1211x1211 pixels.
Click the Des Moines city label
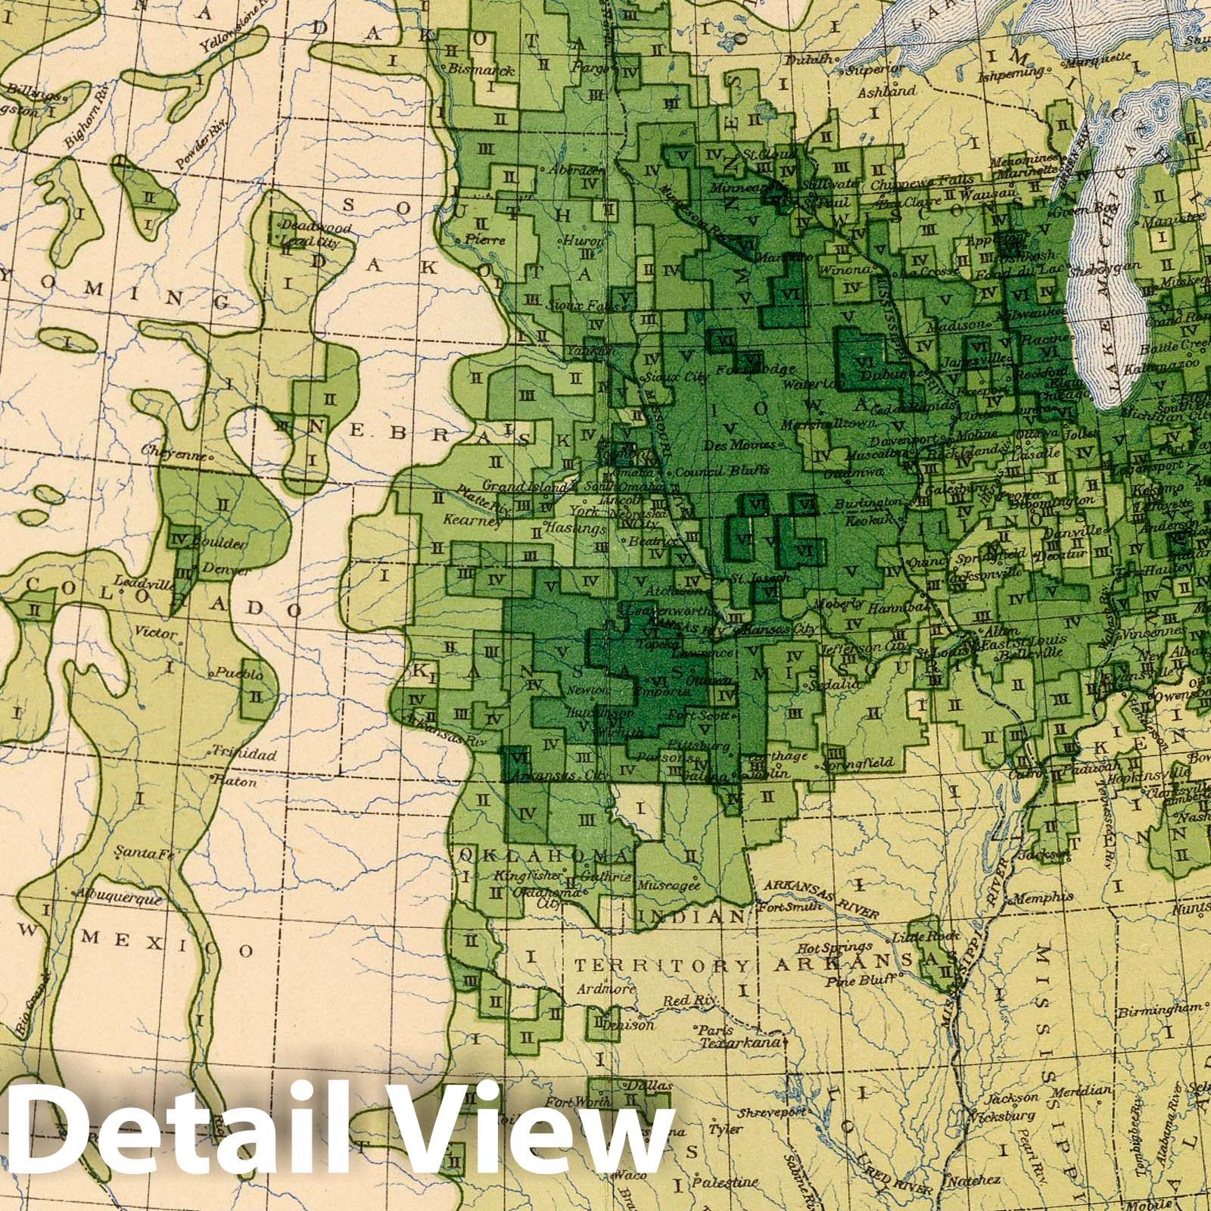click(x=729, y=445)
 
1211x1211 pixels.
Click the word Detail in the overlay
click(x=170, y=1138)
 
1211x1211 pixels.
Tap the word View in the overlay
click(x=522, y=1138)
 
